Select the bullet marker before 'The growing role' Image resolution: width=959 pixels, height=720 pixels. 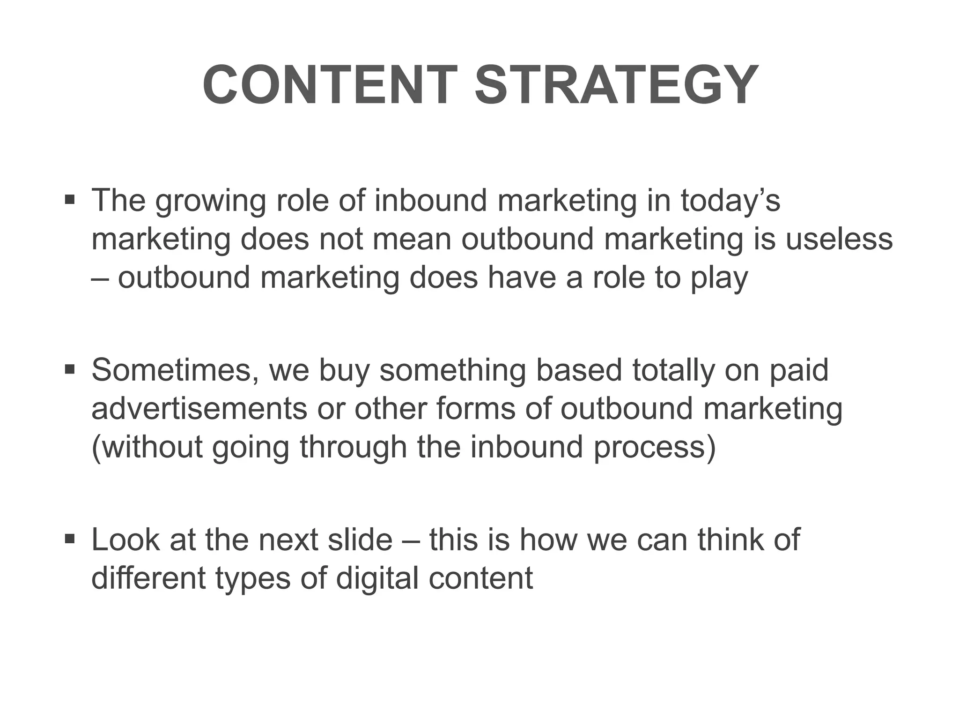[x=70, y=200]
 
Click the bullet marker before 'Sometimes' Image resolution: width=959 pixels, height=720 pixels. [x=70, y=370]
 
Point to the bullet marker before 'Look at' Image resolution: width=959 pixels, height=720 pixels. [x=70, y=540]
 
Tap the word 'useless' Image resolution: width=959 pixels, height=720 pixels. [x=839, y=239]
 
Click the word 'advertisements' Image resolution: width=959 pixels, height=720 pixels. [x=199, y=408]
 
